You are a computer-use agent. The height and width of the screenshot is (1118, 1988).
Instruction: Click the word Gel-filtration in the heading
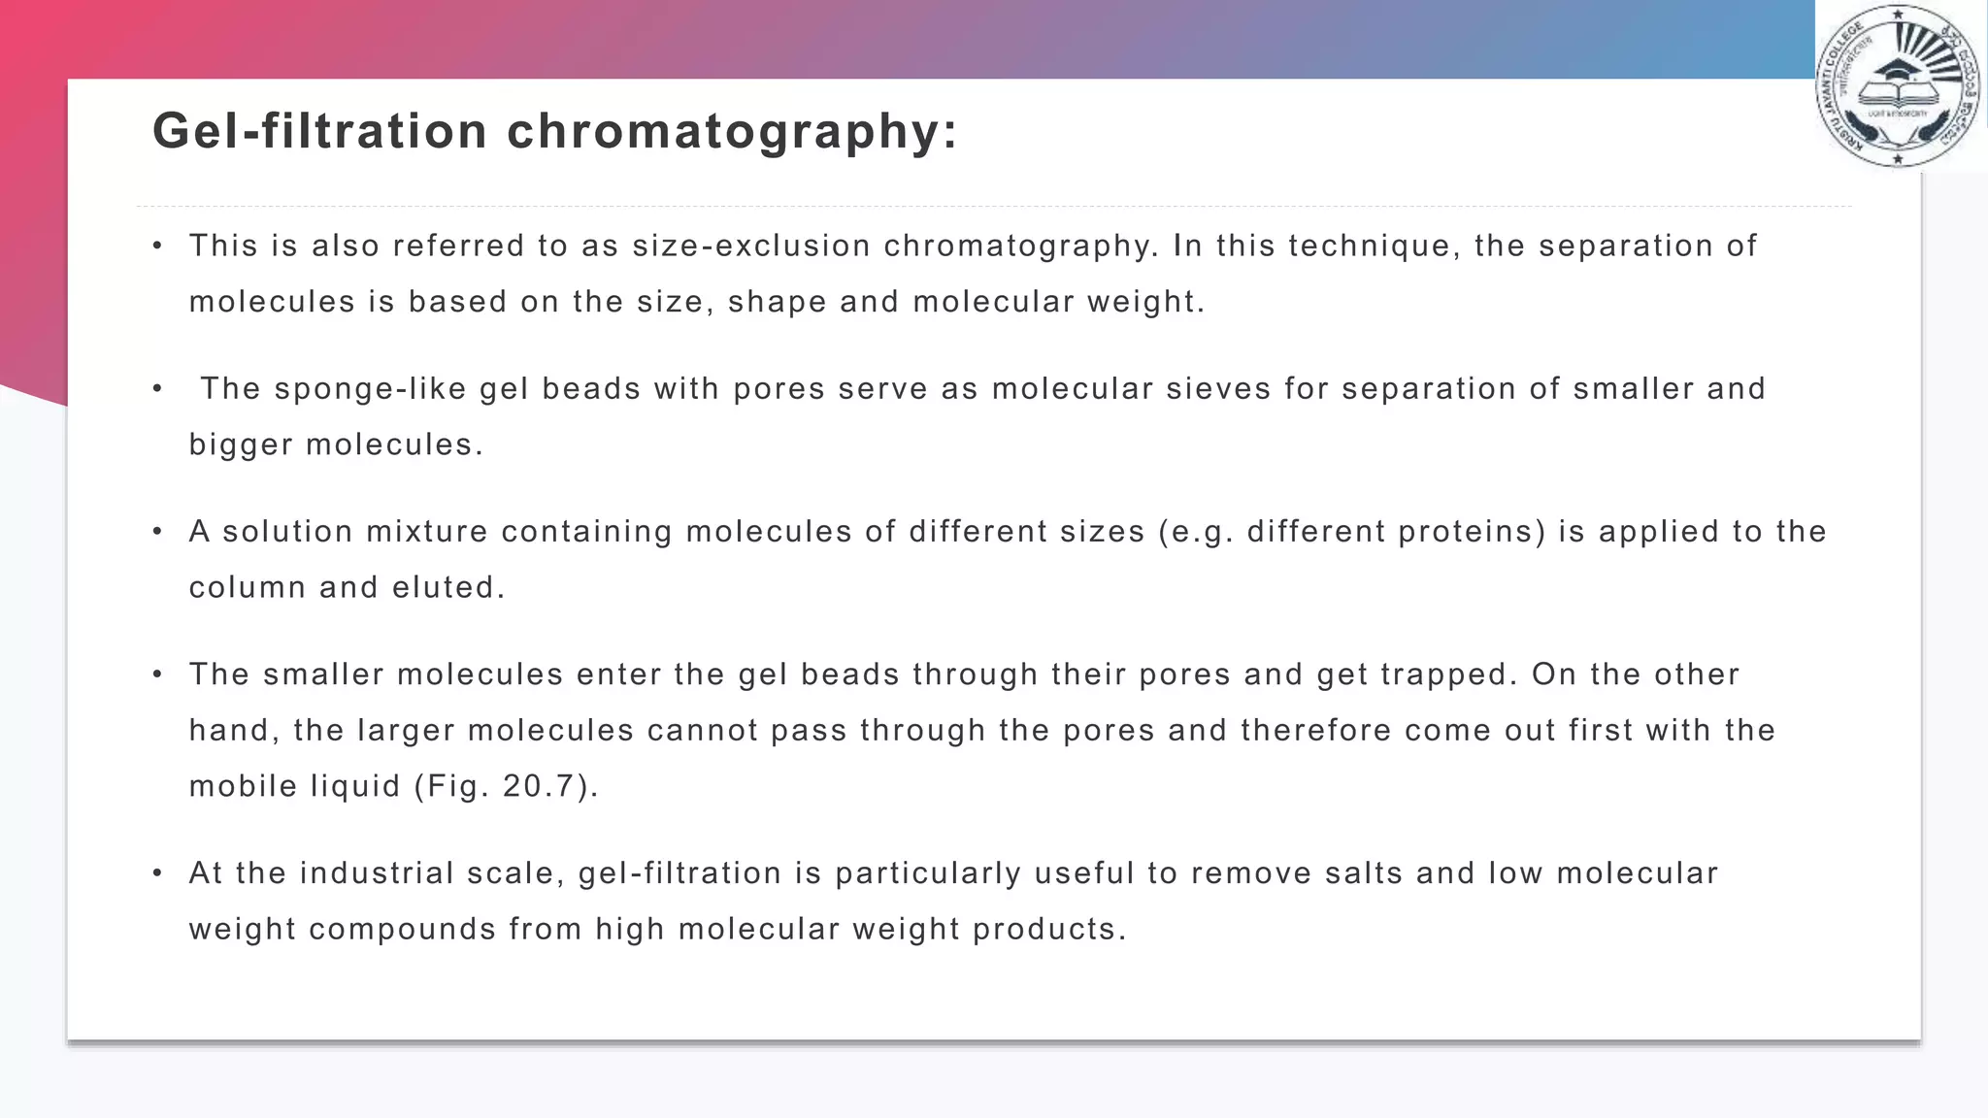[319, 131]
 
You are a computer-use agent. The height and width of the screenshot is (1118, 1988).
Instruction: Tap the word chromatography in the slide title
[732, 131]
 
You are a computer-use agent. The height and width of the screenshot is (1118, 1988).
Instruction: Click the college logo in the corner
[1898, 86]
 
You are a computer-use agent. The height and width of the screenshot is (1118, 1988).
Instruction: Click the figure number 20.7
[539, 787]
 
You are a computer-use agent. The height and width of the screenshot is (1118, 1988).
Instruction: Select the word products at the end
[1049, 930]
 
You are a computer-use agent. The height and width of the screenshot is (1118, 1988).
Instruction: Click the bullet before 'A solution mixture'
[157, 532]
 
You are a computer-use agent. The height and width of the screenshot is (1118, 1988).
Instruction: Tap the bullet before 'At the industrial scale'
[157, 873]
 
